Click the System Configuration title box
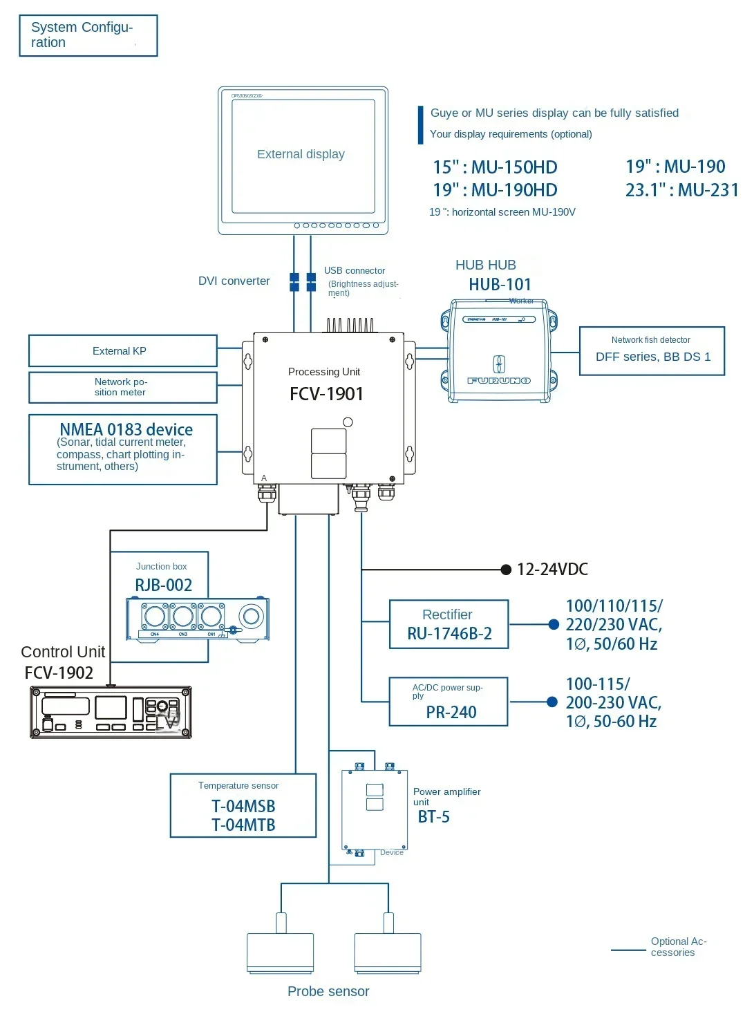[88, 35]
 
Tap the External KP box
[122, 351]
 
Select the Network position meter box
[122, 387]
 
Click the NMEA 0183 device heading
[126, 429]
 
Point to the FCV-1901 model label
[326, 394]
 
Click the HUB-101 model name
[500, 285]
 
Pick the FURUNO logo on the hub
[499, 381]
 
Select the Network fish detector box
[652, 351]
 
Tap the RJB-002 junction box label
[163, 585]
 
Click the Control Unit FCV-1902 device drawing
[111, 712]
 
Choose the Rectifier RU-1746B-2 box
[449, 624]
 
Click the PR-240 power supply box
[449, 702]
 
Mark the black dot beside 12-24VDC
[506, 570]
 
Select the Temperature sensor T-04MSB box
[243, 806]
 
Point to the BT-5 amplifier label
[434, 817]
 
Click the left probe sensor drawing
[280, 952]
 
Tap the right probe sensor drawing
[388, 952]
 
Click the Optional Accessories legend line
[628, 950]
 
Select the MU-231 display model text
[708, 190]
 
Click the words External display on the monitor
[301, 154]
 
